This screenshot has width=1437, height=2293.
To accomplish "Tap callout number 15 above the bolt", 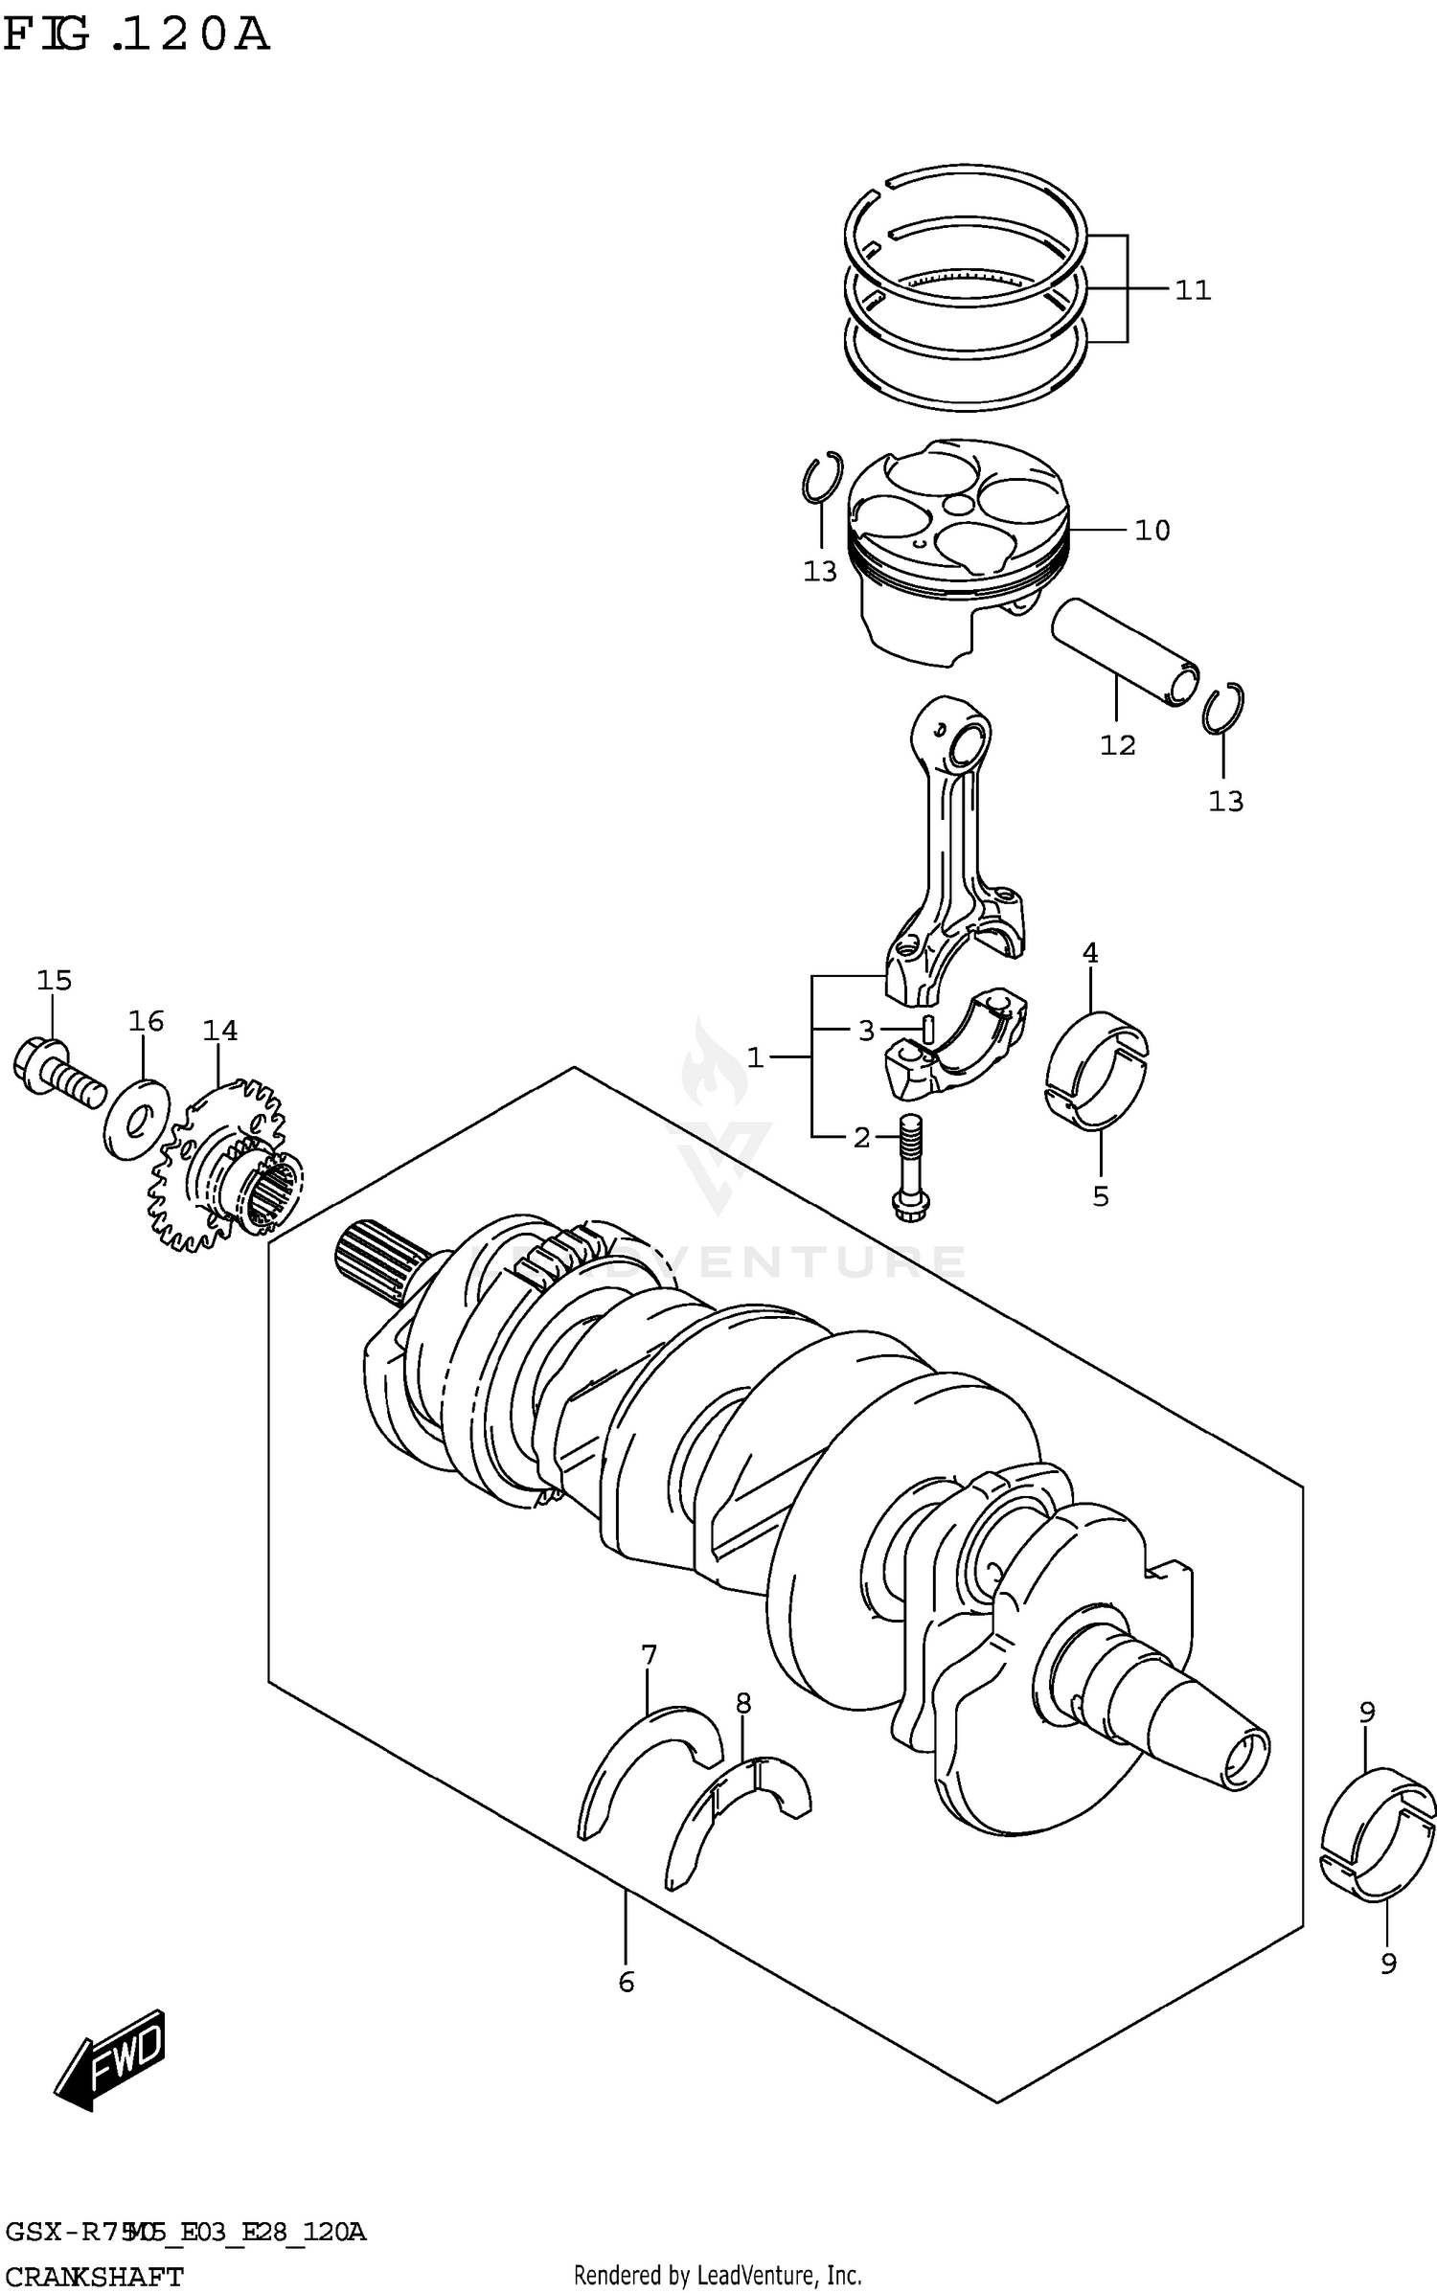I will pos(55,980).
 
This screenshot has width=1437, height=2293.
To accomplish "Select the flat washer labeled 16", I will pos(136,1119).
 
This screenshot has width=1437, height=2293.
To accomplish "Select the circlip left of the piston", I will pos(822,478).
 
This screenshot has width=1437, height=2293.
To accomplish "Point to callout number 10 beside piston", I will pos(1152,530).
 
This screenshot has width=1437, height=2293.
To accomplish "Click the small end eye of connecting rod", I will pos(968,741).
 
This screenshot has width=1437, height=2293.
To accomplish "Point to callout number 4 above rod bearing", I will pos(1090,952).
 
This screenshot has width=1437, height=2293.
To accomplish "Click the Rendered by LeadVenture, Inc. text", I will pos(718,2268).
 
